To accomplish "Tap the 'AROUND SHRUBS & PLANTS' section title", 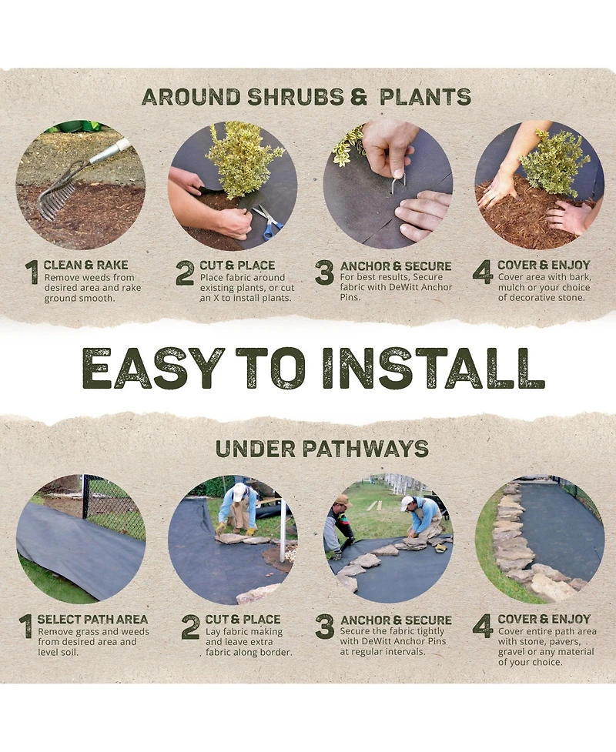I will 306,97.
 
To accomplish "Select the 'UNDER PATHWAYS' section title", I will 322,449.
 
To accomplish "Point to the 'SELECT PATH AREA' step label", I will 92,619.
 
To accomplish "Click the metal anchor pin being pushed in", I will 397,185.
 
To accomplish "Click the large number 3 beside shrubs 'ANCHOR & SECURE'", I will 324,273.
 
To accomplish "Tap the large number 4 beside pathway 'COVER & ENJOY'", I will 483,627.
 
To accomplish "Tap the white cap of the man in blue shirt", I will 407,502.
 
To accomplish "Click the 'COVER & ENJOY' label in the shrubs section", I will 544,265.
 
